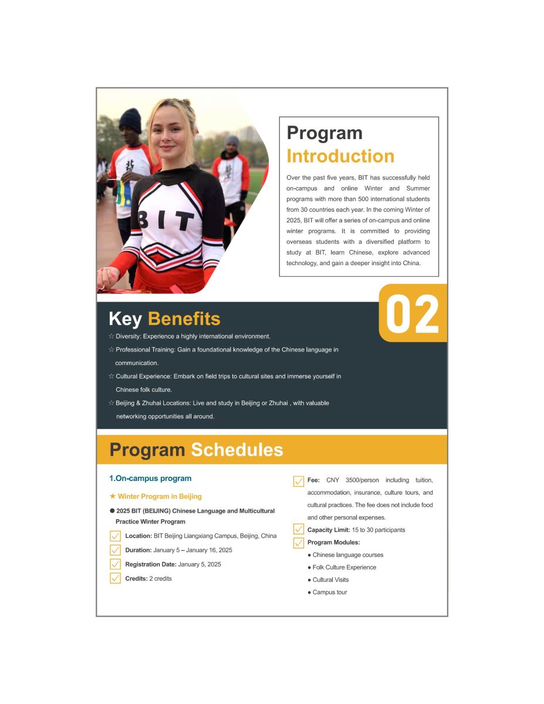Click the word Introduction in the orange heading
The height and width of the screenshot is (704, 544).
pyautogui.click(x=340, y=157)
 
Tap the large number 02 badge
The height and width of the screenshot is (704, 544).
pyautogui.click(x=413, y=314)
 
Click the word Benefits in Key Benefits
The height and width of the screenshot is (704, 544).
pyautogui.click(x=184, y=319)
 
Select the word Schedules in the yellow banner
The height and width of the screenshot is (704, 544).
pyautogui.click(x=237, y=450)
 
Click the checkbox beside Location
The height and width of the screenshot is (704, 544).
pyautogui.click(x=116, y=536)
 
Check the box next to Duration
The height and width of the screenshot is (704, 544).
pyautogui.click(x=116, y=550)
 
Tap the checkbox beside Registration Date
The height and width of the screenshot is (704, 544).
pyautogui.click(x=116, y=564)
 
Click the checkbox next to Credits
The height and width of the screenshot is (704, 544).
pyautogui.click(x=116, y=578)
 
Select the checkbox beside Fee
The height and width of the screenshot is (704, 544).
pyautogui.click(x=298, y=481)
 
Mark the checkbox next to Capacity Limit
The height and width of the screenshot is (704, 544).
pyautogui.click(x=298, y=530)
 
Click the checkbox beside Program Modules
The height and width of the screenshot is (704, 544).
pyautogui.click(x=298, y=543)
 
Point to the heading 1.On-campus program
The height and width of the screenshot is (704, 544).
pyautogui.click(x=150, y=479)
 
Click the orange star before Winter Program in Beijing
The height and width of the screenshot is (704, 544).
pyautogui.click(x=113, y=496)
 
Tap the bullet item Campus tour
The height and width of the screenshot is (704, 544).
pyautogui.click(x=329, y=593)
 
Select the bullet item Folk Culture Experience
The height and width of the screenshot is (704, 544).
pyautogui.click(x=344, y=567)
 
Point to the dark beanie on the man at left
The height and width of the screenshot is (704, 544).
pyautogui.click(x=130, y=120)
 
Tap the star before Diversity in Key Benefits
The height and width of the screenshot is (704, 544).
pyautogui.click(x=111, y=337)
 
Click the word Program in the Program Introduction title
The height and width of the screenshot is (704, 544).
pyautogui.click(x=325, y=133)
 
